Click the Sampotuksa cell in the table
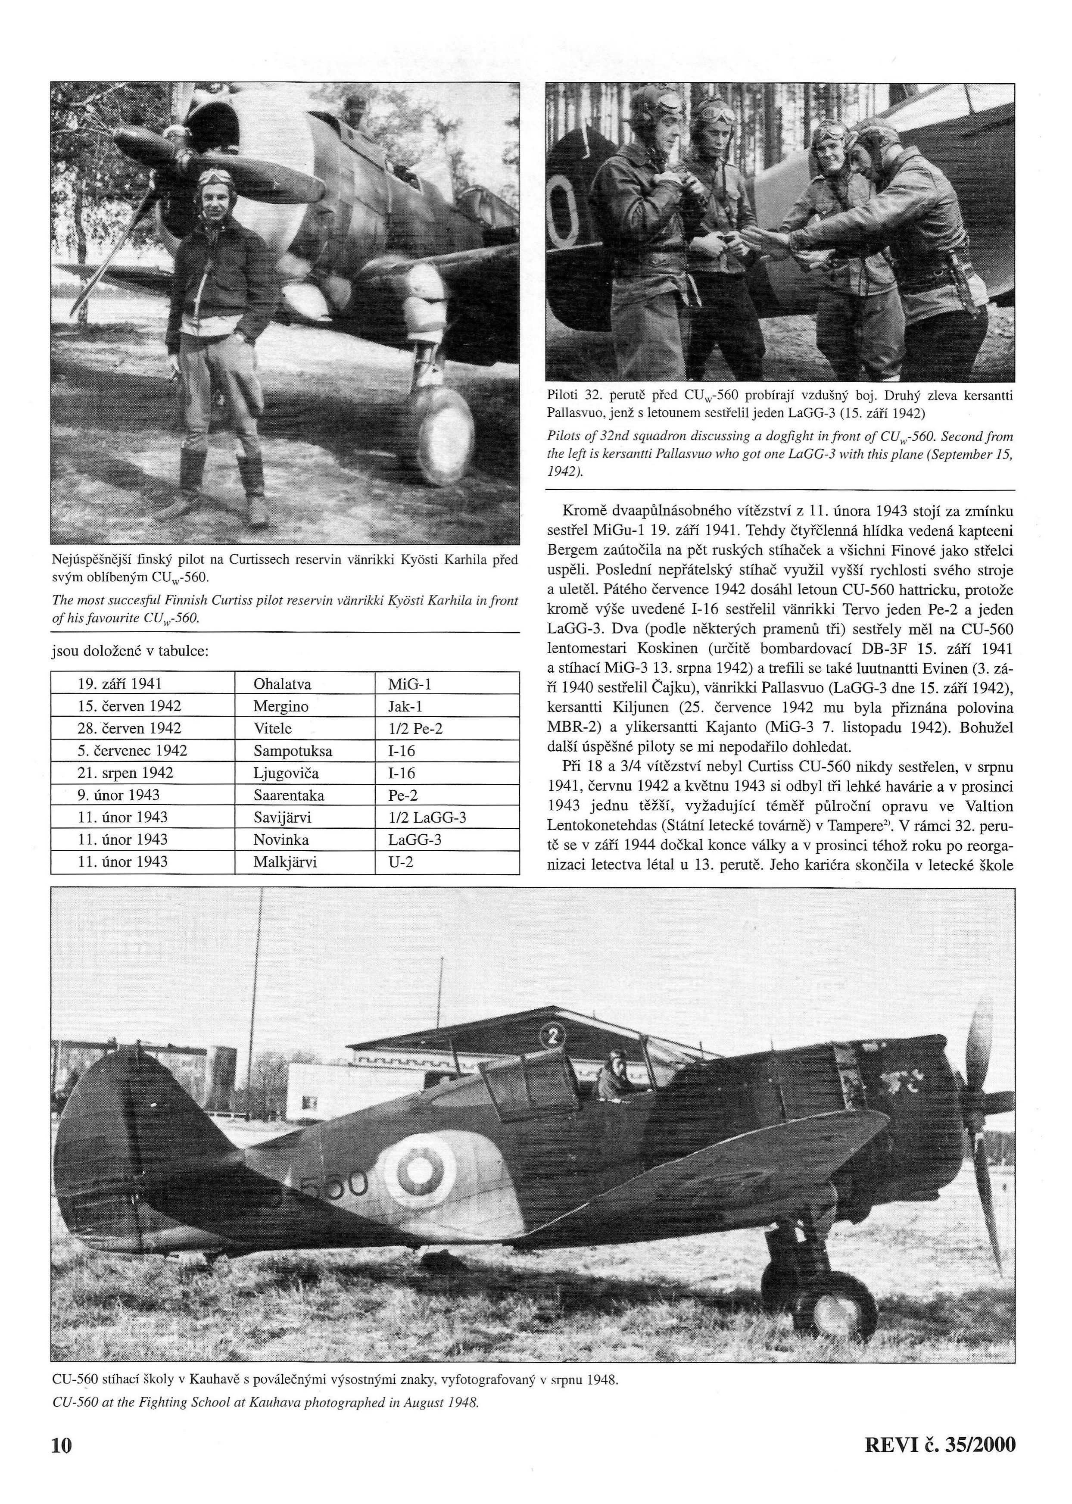point(293,751)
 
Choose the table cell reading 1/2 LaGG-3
point(427,818)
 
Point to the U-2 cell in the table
point(400,861)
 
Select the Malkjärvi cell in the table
point(285,861)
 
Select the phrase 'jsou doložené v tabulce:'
point(130,652)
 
